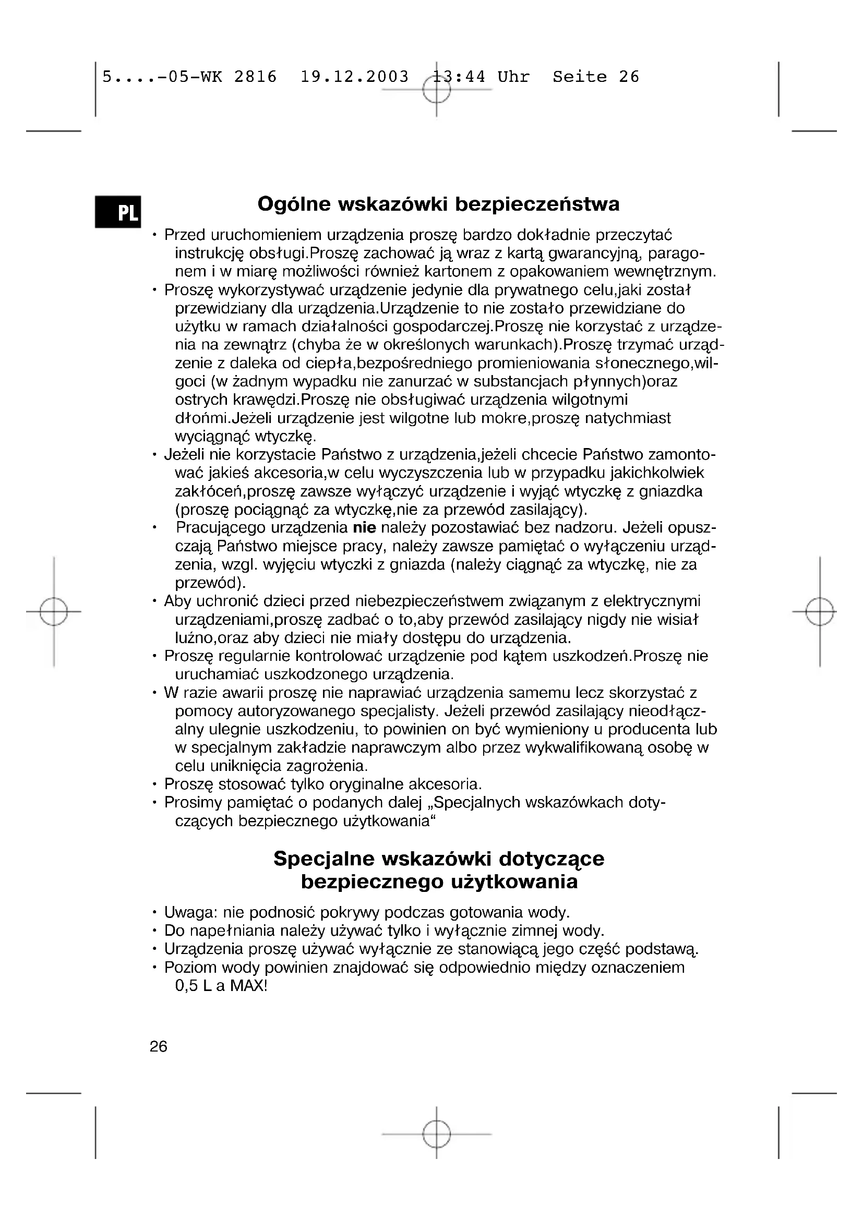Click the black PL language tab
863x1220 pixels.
pyautogui.click(x=118, y=212)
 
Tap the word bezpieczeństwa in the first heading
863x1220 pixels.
pyautogui.click(x=537, y=204)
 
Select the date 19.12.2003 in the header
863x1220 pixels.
pyautogui.click(x=354, y=77)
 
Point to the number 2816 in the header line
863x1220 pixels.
pyautogui.click(x=256, y=77)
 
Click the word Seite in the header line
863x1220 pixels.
pyautogui.click(x=579, y=77)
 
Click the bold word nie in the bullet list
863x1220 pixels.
pyautogui.click(x=365, y=528)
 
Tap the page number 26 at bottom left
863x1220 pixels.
pyautogui.click(x=159, y=1047)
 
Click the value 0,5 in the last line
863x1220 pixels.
pyautogui.click(x=186, y=986)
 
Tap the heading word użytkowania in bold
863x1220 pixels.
pyautogui.click(x=514, y=883)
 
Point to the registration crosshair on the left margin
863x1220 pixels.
pyautogui.click(x=54, y=612)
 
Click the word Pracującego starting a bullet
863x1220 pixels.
pyautogui.click(x=221, y=528)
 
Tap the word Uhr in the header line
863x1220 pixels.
pyautogui.click(x=513, y=77)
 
